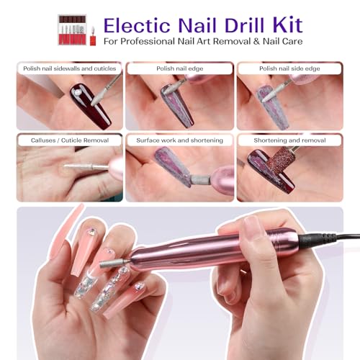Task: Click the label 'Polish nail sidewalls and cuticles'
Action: (x=68, y=68)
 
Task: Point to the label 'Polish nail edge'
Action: (x=179, y=68)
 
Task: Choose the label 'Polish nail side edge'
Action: (x=289, y=68)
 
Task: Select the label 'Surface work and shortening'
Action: (x=179, y=140)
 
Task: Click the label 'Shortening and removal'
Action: (x=289, y=140)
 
